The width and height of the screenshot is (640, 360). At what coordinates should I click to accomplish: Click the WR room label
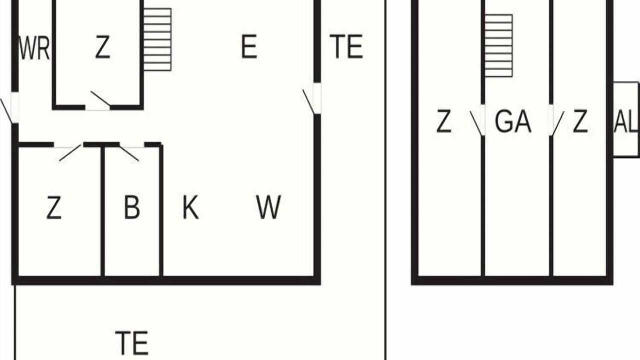click(34, 48)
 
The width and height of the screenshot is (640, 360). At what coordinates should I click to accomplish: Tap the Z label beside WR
click(102, 47)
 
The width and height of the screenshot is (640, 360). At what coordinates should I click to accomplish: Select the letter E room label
click(249, 46)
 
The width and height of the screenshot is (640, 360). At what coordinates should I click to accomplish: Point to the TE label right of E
click(346, 46)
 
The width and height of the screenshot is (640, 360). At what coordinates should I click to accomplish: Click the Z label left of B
click(54, 207)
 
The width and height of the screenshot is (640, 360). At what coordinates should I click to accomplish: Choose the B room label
click(132, 207)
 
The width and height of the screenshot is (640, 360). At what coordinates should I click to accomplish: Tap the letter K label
click(190, 207)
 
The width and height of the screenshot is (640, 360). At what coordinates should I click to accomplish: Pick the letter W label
click(268, 207)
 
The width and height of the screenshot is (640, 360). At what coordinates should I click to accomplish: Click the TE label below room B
click(131, 342)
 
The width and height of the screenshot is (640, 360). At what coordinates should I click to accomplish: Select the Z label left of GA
click(443, 121)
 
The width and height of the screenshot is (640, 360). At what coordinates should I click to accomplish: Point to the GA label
click(513, 121)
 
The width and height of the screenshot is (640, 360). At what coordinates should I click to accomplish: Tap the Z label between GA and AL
click(580, 121)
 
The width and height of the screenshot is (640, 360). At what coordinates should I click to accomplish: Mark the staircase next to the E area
click(157, 39)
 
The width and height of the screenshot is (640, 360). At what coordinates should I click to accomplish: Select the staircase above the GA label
click(498, 45)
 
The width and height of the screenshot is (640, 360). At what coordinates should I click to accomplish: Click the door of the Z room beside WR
click(98, 101)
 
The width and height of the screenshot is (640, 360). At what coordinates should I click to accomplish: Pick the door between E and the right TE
click(312, 99)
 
